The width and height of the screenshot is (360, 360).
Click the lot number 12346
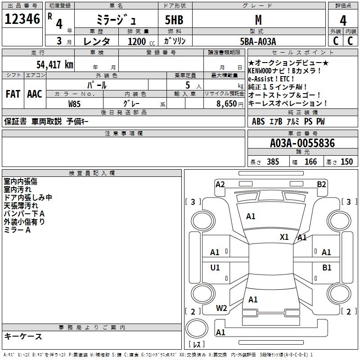pyautogui.click(x=22, y=19)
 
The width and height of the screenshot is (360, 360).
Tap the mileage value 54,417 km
pyautogui.click(x=54, y=64)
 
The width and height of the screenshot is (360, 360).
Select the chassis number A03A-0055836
pyautogui.click(x=302, y=144)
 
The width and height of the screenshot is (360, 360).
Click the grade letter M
pyautogui.click(x=258, y=20)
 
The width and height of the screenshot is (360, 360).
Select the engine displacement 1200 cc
pyautogui.click(x=137, y=41)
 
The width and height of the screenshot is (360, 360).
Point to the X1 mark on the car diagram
pyautogui.click(x=284, y=237)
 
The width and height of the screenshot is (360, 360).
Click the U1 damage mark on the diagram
pyautogui.click(x=215, y=268)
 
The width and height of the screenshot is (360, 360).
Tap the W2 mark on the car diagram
pyautogui.click(x=221, y=308)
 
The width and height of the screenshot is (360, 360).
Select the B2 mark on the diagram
pyautogui.click(x=321, y=184)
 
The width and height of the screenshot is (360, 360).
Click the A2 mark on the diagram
pyautogui.click(x=220, y=184)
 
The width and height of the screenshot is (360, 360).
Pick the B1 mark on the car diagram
pyautogui.click(x=327, y=268)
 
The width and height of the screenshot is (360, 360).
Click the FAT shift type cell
pyautogui.click(x=13, y=94)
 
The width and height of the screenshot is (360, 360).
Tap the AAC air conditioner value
pyautogui.click(x=34, y=94)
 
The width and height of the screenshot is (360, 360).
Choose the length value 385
pyautogui.click(x=272, y=162)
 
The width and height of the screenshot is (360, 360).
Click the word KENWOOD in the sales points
pyautogui.click(x=263, y=71)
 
